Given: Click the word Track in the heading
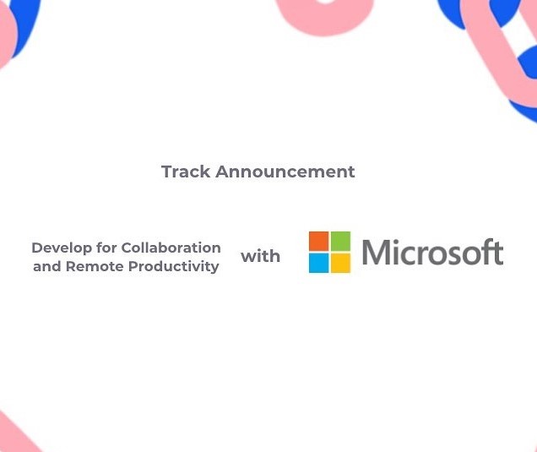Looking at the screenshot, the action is pos(186,172).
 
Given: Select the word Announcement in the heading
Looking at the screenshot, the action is pos(285,172).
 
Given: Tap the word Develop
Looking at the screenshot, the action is pos(62,248).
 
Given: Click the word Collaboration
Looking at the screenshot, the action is pos(171,248).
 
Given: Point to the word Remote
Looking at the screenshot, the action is pos(95,266).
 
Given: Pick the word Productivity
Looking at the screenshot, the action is pos(173,267).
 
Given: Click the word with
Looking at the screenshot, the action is pos(260,256).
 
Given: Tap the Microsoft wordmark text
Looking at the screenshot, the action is pos(432,253).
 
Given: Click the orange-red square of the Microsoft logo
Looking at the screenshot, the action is pos(318,242).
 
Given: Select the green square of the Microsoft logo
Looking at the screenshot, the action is pos(340,242).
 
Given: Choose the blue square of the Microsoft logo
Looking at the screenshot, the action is pos(318,264).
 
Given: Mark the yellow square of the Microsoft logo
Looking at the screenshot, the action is pos(340,264).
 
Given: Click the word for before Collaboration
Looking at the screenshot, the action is pos(106,248).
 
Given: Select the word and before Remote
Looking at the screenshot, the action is pos(47,266).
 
